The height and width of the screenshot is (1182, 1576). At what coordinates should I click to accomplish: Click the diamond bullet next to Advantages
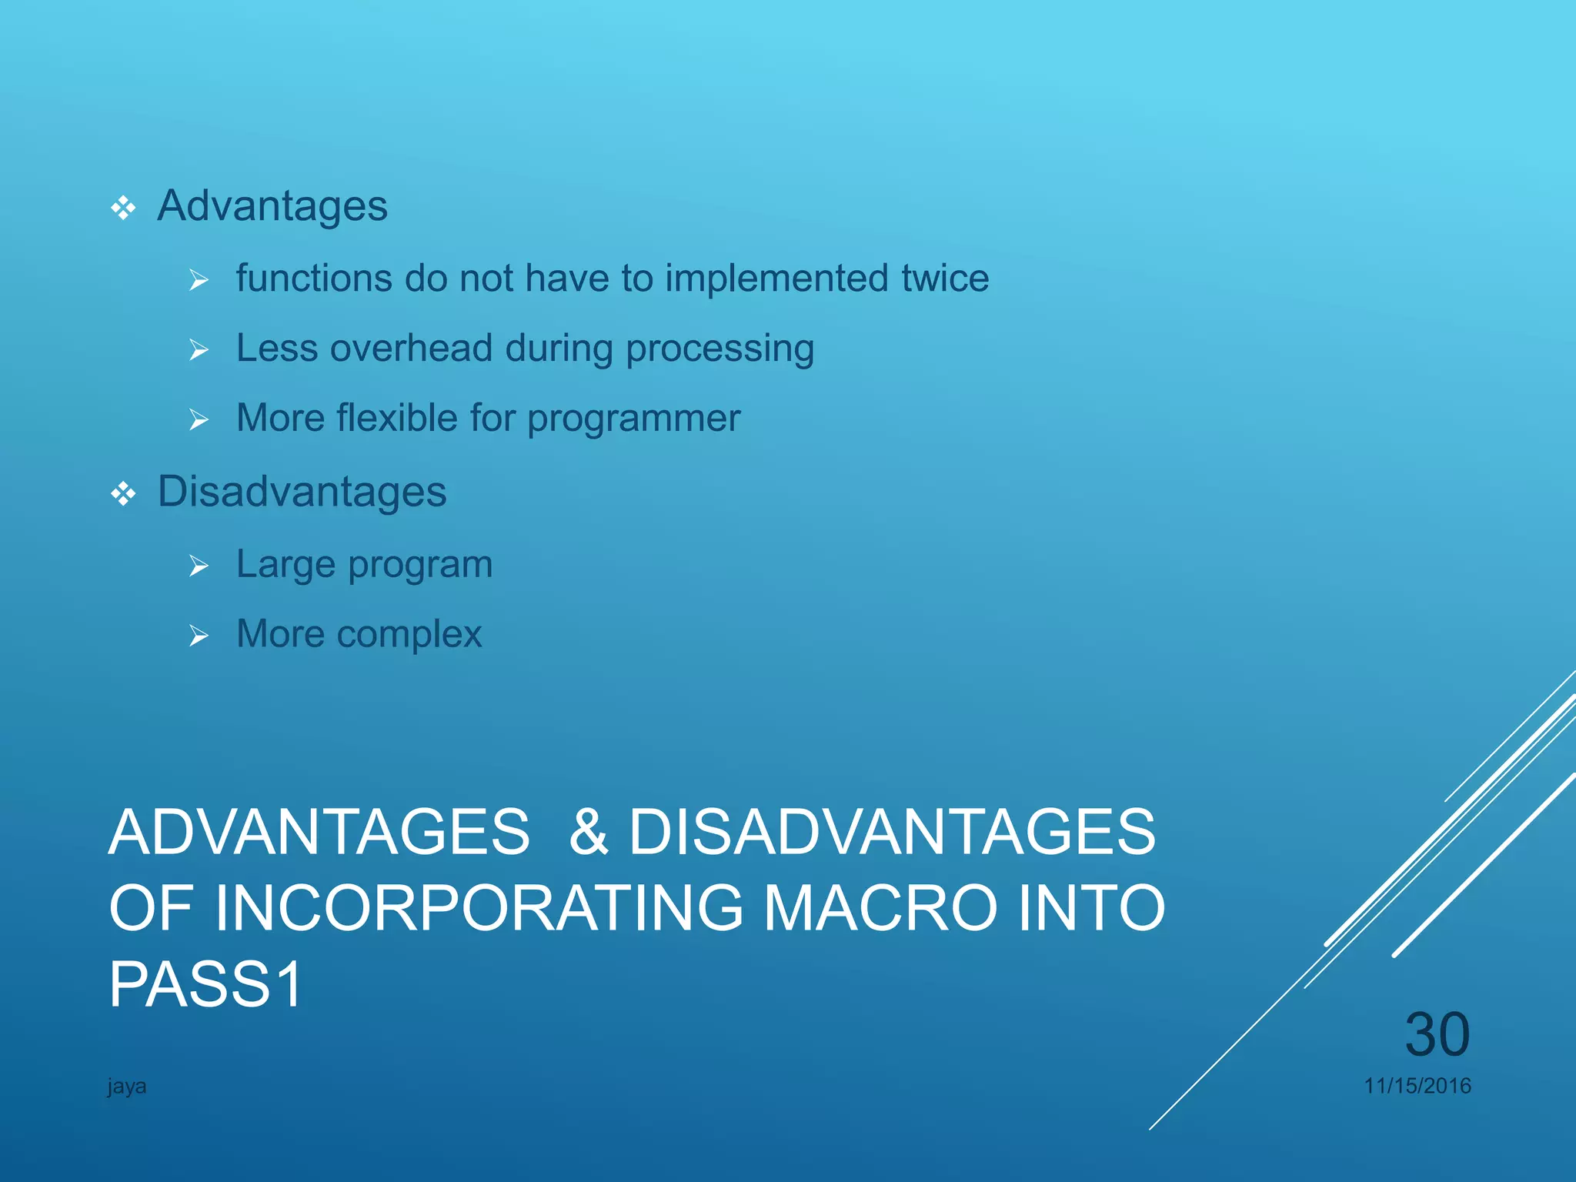(x=123, y=208)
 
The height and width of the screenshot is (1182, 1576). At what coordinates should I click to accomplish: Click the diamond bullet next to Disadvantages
(x=123, y=493)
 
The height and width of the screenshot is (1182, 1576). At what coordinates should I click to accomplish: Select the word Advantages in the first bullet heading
(x=272, y=206)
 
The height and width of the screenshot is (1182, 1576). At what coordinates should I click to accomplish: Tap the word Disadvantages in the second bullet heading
(x=302, y=492)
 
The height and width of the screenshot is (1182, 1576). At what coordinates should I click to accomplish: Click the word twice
(x=945, y=278)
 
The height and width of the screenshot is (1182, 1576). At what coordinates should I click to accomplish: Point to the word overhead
(x=411, y=348)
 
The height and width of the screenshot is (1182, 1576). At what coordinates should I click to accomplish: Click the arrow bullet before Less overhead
(x=199, y=350)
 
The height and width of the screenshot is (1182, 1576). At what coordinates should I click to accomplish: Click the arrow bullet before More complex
(x=199, y=636)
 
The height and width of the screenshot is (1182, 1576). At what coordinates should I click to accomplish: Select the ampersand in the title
(x=589, y=832)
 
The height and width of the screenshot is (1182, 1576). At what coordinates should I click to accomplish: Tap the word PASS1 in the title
(x=206, y=984)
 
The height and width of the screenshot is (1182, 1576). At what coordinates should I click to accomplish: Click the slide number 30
(x=1437, y=1034)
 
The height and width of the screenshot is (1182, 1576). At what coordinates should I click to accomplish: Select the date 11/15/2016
(x=1417, y=1086)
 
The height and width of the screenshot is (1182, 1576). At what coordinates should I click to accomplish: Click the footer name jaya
(x=127, y=1087)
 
